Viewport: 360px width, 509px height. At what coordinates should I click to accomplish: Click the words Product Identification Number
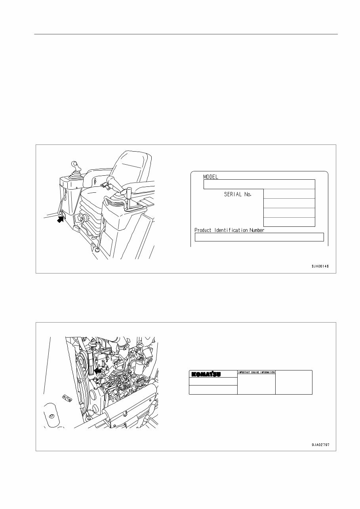click(x=229, y=230)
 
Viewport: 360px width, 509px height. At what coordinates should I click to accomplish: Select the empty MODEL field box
click(x=259, y=184)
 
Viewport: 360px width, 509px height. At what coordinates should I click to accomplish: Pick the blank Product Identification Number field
click(x=259, y=237)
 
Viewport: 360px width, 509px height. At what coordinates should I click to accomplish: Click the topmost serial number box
click(x=289, y=194)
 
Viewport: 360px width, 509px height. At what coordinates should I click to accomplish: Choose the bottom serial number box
click(x=289, y=222)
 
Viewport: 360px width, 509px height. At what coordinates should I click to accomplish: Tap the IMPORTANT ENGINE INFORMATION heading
click(x=256, y=372)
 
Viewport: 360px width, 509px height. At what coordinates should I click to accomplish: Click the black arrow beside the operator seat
click(x=61, y=218)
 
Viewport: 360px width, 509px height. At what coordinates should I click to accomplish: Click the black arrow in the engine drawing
click(x=98, y=370)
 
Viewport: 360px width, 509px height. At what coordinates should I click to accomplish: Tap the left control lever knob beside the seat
click(x=74, y=164)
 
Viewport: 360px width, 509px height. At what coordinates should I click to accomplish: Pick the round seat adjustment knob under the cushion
click(x=84, y=217)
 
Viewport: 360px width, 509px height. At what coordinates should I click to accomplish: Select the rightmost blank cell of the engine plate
click(x=293, y=382)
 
